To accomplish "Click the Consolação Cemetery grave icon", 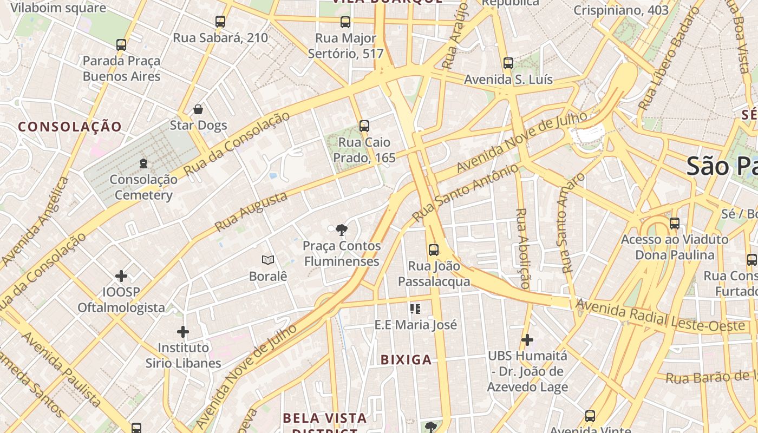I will pos(143,163).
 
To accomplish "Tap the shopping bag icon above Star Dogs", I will pos(198,109).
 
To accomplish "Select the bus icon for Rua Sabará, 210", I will pos(220,22).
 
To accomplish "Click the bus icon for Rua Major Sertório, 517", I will pos(345,22).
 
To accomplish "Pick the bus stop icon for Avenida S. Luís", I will pos(508,63).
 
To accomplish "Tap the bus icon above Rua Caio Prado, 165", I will pos(364,126).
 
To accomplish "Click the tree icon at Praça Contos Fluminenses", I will pos(341,230).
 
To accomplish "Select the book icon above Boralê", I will pos(267,260).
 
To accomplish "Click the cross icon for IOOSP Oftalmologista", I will pos(121,276).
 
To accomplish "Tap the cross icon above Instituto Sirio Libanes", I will pos(183,331).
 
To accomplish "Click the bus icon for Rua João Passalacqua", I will pos(433,250).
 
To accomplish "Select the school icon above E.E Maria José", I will pos(415,309).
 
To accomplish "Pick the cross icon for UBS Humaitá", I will pos(527,340).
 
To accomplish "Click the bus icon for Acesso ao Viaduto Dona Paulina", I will pos(674,223).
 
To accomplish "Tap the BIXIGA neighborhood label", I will pos(406,360).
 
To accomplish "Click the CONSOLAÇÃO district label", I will pos(70,127).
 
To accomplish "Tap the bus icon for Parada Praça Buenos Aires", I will pos(121,45).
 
